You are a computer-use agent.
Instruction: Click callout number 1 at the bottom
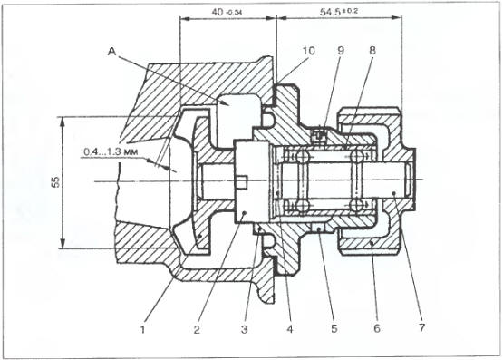(x=143, y=329)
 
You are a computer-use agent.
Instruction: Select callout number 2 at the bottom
(x=197, y=329)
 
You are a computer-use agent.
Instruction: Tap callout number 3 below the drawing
(x=245, y=329)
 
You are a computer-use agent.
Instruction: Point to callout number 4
(x=290, y=329)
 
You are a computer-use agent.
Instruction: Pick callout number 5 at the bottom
(x=334, y=329)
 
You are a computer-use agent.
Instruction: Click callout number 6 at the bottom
(x=377, y=328)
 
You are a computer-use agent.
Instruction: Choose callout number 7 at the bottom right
(x=421, y=327)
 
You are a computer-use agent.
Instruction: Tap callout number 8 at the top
(x=372, y=51)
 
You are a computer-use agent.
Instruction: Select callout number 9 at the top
(x=341, y=51)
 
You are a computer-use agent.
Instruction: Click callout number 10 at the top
(x=309, y=51)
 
